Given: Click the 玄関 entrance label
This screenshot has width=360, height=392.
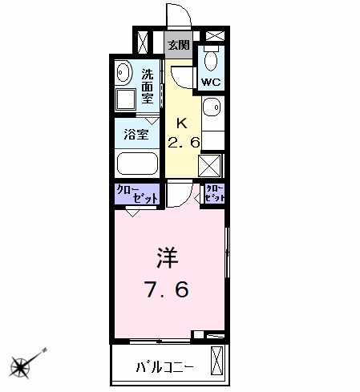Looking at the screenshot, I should pos(178,45).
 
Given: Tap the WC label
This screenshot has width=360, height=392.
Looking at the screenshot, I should pos(210,83).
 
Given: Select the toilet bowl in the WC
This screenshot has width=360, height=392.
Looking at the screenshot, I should pos(210,61).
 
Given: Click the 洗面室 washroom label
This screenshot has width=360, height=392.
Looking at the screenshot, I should pos(148,87).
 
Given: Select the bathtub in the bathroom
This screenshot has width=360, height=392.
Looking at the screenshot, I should pos(136,164).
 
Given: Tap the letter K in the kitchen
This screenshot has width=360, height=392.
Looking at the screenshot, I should pos(182,123).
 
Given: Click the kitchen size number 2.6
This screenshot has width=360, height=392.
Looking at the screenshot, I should pos(184,142).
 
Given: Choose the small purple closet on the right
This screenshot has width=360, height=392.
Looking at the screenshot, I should pos(214,193).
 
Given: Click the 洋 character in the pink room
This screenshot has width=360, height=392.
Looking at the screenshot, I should pos(168,261).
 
